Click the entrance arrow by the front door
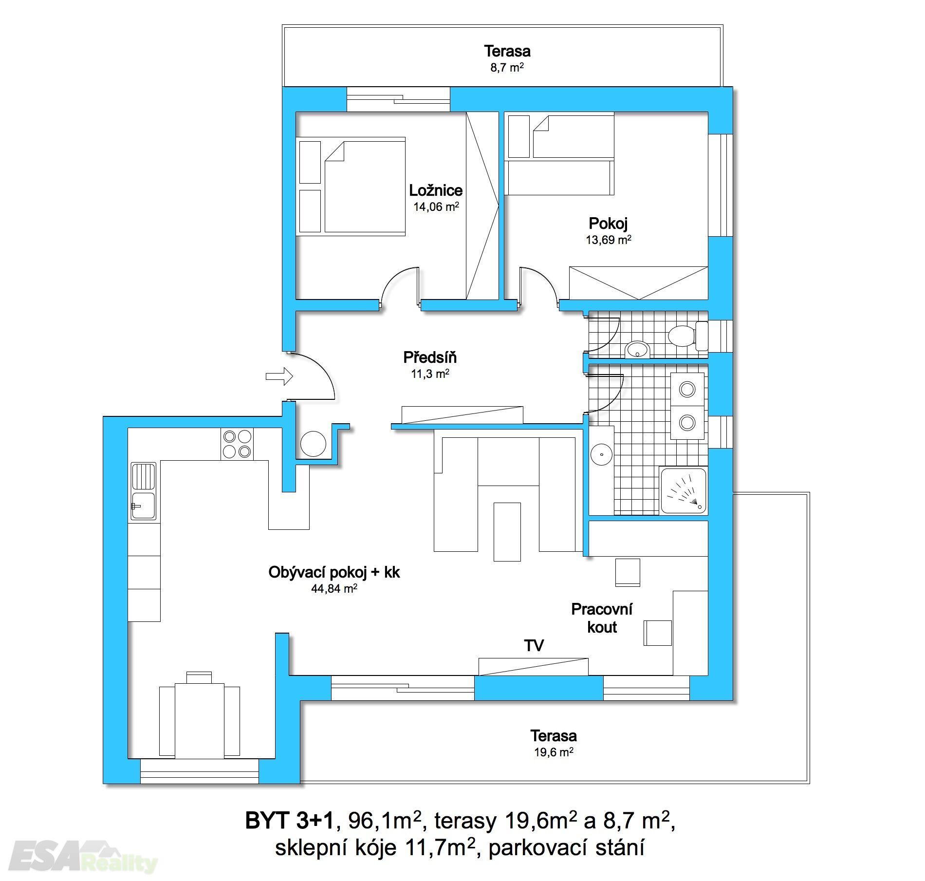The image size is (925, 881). point(279,375)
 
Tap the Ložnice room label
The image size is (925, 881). point(436,190)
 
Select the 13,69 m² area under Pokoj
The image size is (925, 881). point(609,239)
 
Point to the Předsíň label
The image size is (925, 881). point(430,358)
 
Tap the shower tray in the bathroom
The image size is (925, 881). point(683,490)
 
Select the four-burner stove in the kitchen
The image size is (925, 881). point(237,444)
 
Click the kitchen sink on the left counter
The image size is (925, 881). point(144,491)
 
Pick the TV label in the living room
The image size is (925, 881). point(534,646)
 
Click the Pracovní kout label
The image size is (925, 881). point(602,618)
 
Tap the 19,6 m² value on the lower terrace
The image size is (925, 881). point(554,752)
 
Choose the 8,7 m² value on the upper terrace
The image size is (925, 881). point(507,67)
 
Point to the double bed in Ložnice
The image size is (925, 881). point(365,187)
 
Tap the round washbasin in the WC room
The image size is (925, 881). point(638,349)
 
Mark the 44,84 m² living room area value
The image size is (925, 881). point(334,589)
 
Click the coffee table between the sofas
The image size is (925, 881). point(507,532)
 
